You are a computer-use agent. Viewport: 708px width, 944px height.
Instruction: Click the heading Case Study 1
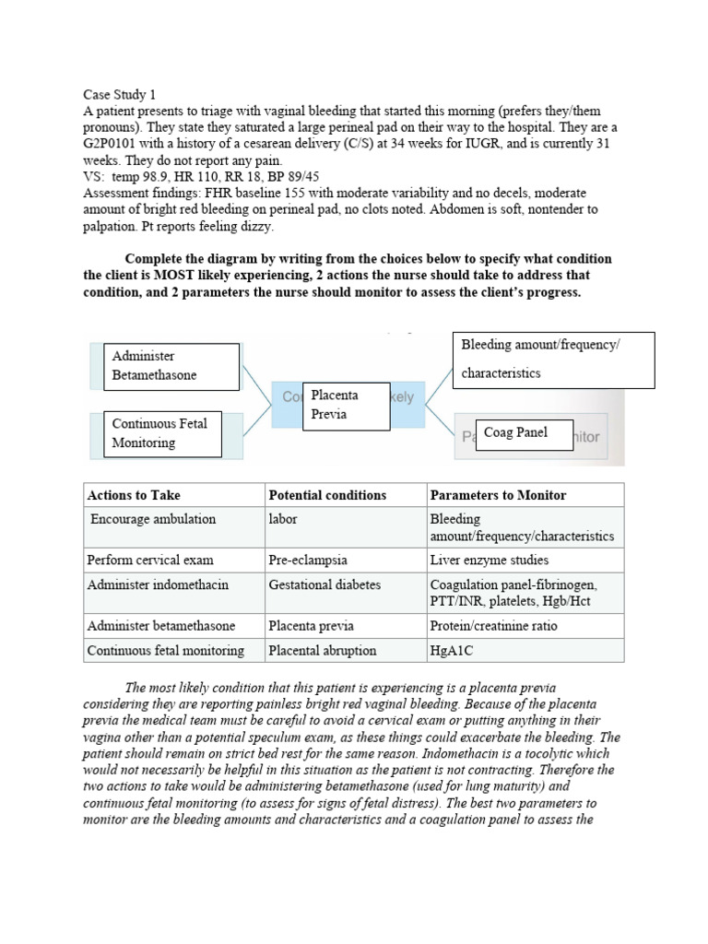coord(120,94)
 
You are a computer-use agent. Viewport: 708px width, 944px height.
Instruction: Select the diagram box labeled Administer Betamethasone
coord(171,365)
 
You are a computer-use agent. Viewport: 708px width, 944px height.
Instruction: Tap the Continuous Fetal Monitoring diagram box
coord(162,433)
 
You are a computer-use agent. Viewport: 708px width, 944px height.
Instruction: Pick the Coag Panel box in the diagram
coord(524,432)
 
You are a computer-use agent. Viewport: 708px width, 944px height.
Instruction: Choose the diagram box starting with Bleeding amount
coord(553,359)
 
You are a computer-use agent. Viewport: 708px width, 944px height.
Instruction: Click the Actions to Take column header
coord(135,495)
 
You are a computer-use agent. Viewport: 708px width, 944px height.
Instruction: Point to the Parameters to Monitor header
coord(498,495)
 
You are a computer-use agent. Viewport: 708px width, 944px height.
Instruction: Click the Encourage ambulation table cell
coord(153,519)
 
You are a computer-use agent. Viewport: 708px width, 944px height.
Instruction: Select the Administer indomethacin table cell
coord(158,585)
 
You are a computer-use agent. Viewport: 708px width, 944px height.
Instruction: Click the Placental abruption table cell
coord(322,650)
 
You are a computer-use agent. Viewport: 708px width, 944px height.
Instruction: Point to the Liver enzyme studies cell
coord(489,560)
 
